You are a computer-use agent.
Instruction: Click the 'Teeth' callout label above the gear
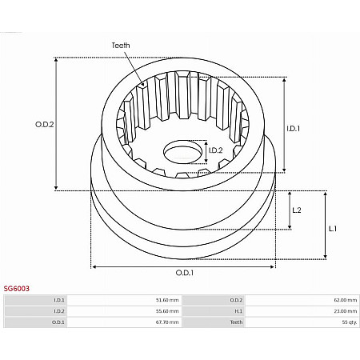coord(121,46)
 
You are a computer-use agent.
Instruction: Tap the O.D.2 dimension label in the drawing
coord(45,125)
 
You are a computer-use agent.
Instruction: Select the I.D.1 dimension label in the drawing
coord(294,128)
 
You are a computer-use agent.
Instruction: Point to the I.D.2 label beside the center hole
coord(215,150)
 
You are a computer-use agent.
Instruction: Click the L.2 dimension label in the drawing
coord(296,210)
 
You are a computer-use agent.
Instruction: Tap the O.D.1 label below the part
coord(185,274)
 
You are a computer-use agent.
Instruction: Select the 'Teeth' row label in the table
coord(236,322)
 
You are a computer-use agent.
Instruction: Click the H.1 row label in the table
coord(238,311)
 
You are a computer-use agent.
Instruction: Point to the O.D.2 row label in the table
coord(236,300)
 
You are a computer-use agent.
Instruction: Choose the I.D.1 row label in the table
coord(58,300)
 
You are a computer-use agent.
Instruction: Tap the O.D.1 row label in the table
coord(58,322)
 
